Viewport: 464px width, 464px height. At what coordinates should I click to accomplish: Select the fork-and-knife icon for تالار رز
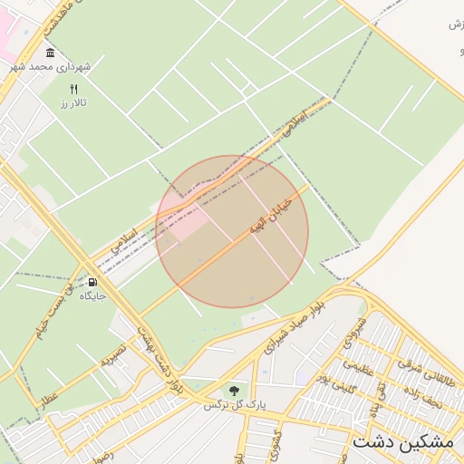tap(75, 89)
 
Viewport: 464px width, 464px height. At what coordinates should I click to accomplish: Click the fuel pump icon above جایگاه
tap(92, 281)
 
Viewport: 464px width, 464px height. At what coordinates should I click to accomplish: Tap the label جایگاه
tap(92, 296)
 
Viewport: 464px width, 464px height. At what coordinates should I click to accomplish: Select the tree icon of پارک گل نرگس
tap(234, 391)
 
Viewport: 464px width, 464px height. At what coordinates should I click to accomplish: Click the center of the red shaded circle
tap(232, 232)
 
